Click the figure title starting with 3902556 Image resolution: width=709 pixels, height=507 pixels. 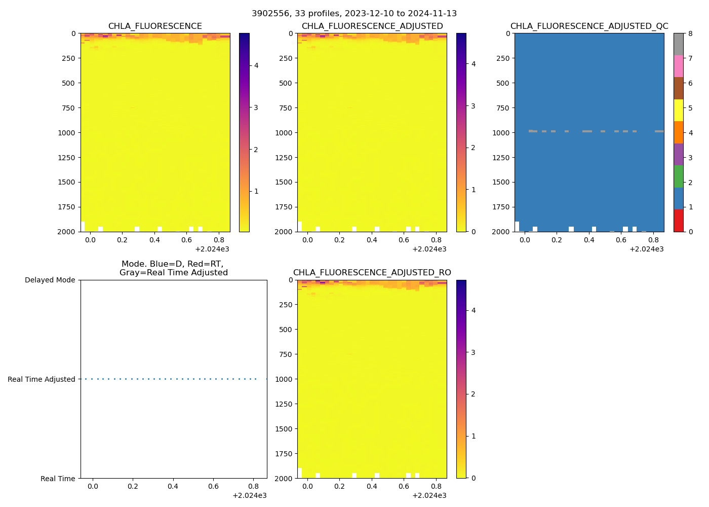pyautogui.click(x=354, y=14)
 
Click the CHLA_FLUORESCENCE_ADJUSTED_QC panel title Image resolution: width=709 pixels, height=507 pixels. pyautogui.click(x=589, y=26)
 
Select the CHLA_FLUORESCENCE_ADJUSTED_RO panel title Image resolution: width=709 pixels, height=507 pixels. pyautogui.click(x=372, y=273)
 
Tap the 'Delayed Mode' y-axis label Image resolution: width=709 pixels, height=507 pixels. pyautogui.click(x=50, y=280)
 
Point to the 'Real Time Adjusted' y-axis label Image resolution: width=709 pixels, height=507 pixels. pyautogui.click(x=41, y=379)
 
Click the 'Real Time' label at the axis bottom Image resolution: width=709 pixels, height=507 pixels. pyautogui.click(x=58, y=479)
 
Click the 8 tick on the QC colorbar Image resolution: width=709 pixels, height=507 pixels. pyautogui.click(x=690, y=34)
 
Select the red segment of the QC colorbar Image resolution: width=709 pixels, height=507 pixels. pyautogui.click(x=678, y=221)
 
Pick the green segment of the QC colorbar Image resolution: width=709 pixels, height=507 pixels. pyautogui.click(x=678, y=176)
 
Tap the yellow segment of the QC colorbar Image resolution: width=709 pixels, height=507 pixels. pyautogui.click(x=678, y=111)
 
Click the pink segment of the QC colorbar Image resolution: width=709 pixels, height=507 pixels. pyautogui.click(x=678, y=66)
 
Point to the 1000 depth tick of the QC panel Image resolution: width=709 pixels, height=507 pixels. pyautogui.click(x=502, y=133)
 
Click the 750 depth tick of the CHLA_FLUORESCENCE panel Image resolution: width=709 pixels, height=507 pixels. pyautogui.click(x=68, y=108)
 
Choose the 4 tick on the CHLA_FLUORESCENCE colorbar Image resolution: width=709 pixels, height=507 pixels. pyautogui.click(x=256, y=65)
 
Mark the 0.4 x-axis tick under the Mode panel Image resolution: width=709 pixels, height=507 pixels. pyautogui.click(x=173, y=487)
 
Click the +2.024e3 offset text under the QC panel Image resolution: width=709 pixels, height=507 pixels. pyautogui.click(x=646, y=249)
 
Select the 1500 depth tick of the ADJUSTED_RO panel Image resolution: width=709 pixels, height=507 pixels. pyautogui.click(x=286, y=429)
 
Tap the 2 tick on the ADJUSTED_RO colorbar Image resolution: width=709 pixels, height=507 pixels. pyautogui.click(x=474, y=394)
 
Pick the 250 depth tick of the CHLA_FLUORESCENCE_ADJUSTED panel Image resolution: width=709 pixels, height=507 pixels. pyautogui.click(x=286, y=58)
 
